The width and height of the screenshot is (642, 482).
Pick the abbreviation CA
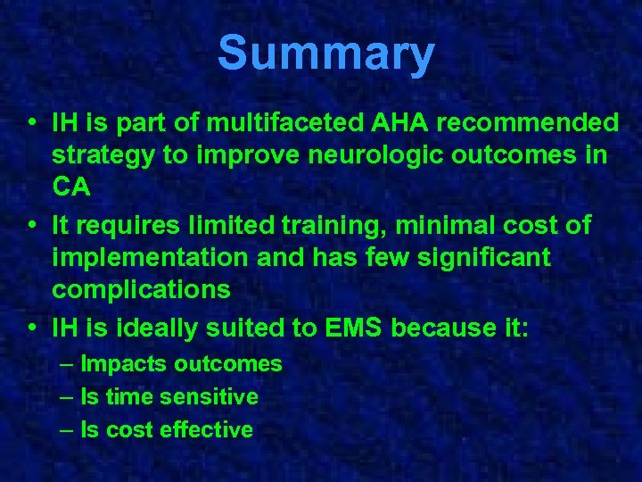tap(72, 188)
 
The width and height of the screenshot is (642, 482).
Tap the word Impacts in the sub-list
tap(124, 364)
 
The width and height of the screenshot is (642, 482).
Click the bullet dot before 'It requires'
tap(31, 225)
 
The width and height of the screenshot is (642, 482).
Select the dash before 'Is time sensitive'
tap(68, 396)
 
